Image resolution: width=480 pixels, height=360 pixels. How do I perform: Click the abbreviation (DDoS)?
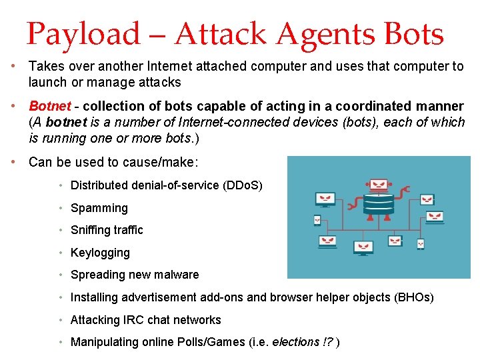coord(242,185)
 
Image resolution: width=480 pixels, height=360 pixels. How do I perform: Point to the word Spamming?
coord(99,208)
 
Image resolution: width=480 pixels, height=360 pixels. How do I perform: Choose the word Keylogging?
coord(100,253)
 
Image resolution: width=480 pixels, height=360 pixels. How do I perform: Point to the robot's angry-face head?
coord(379,185)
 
